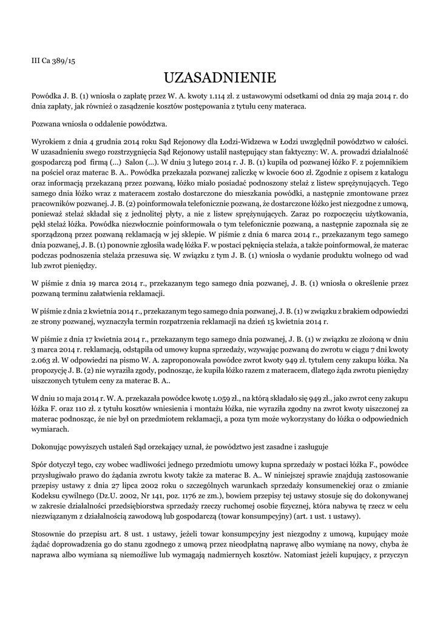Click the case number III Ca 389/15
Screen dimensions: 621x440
(x=53, y=61)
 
